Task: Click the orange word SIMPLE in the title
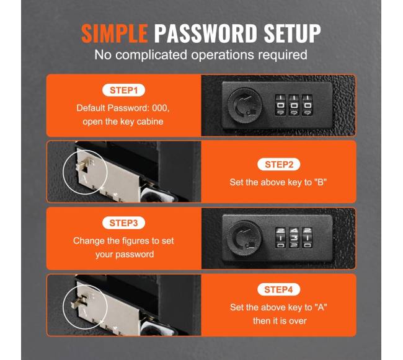pyautogui.click(x=115, y=33)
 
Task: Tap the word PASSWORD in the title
pyautogui.click(x=206, y=33)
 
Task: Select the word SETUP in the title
pyautogui.click(x=293, y=33)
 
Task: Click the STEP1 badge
pyautogui.click(x=123, y=90)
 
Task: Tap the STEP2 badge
pyautogui.click(x=279, y=164)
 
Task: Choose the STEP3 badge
pyautogui.click(x=123, y=223)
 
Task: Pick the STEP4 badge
pyautogui.click(x=278, y=289)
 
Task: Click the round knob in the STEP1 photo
pyautogui.click(x=245, y=105)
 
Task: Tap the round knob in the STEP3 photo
pyautogui.click(x=245, y=238)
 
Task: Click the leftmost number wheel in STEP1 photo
pyautogui.click(x=280, y=105)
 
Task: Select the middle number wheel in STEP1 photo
pyautogui.click(x=294, y=105)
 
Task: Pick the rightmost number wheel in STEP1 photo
pyautogui.click(x=308, y=105)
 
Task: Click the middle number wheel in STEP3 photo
pyautogui.click(x=294, y=238)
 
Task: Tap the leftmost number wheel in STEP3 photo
pyautogui.click(x=281, y=238)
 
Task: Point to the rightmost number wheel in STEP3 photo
pyautogui.click(x=308, y=238)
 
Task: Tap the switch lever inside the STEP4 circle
pyautogui.click(x=78, y=302)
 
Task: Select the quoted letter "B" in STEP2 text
pyautogui.click(x=321, y=182)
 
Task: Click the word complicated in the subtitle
pyautogui.click(x=151, y=55)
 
